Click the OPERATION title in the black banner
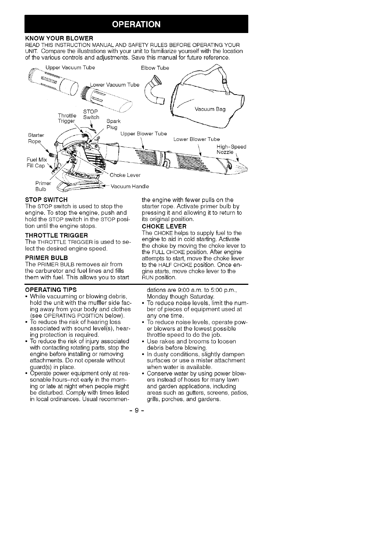(136, 24)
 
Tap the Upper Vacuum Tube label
(70, 67)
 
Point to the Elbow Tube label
(155, 68)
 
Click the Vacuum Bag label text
(210, 109)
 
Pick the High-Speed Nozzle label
(231, 149)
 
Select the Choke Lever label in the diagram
(125, 175)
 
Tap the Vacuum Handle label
(130, 186)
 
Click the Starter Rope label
(36, 138)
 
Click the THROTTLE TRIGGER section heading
(56, 236)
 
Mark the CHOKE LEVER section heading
(164, 226)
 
